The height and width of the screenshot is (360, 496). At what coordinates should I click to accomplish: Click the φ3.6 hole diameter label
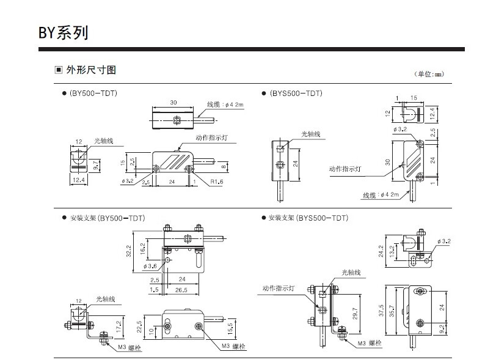(150, 266)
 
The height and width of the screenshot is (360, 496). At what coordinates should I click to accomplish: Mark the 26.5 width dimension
(180, 290)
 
